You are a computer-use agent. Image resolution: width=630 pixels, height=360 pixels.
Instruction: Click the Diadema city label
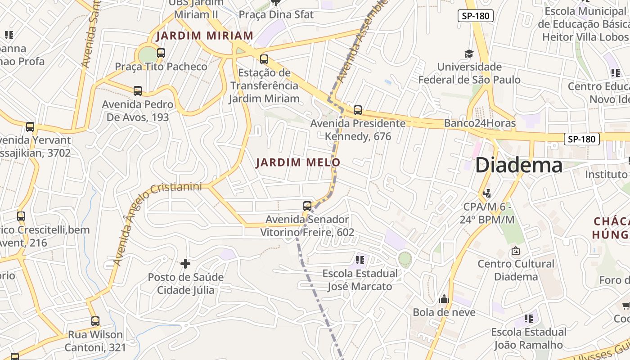click(518, 165)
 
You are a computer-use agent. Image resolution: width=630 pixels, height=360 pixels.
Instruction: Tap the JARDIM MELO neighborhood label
click(298, 162)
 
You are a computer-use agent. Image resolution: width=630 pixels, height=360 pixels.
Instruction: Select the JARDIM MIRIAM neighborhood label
click(205, 36)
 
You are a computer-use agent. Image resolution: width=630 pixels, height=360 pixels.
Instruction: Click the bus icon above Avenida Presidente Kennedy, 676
click(358, 110)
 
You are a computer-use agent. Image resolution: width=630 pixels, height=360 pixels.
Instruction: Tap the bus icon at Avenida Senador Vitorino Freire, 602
click(307, 206)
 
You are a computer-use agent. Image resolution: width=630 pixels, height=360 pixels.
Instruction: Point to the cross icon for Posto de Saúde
click(185, 263)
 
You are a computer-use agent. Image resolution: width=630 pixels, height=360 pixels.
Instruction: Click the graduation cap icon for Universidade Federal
click(469, 54)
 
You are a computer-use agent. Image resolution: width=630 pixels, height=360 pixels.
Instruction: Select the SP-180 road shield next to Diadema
click(581, 139)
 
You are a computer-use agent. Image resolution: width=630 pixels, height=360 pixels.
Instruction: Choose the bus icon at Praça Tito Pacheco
click(161, 53)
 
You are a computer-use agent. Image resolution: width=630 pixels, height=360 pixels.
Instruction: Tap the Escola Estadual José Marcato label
click(360, 280)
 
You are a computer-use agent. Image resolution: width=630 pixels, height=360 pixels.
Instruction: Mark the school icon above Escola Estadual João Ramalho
click(529, 319)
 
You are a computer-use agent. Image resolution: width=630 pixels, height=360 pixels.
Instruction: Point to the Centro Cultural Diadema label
click(516, 270)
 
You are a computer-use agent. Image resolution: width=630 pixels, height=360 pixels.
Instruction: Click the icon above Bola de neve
click(444, 299)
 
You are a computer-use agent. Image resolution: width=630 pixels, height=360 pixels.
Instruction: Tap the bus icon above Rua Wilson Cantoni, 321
click(95, 321)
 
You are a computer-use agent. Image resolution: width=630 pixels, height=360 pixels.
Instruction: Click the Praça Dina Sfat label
click(276, 14)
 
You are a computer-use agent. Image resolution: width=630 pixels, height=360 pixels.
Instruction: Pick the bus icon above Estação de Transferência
click(264, 59)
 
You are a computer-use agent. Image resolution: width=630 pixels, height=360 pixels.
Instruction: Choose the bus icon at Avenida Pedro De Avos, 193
click(138, 91)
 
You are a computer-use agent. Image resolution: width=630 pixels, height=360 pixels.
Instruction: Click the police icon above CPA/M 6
click(486, 193)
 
